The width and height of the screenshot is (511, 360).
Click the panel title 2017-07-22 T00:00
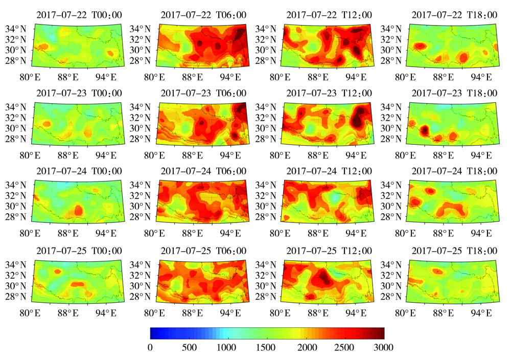pyautogui.click(x=79, y=15)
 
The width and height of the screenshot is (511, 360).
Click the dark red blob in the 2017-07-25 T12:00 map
pyautogui.click(x=322, y=279)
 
